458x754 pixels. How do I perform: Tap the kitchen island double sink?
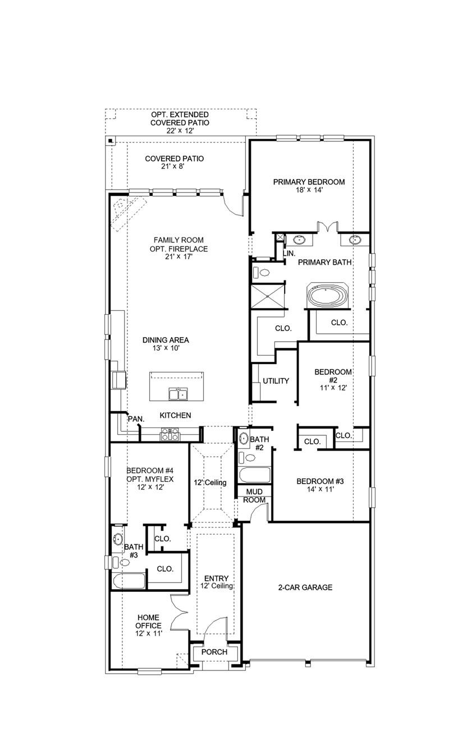point(178,395)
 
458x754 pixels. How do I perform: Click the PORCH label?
point(214,652)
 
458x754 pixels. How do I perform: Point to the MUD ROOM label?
point(254,495)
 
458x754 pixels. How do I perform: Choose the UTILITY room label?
point(276,381)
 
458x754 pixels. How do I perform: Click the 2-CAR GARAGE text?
point(305,587)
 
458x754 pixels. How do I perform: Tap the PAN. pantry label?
point(135,419)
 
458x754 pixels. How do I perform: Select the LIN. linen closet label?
point(289,254)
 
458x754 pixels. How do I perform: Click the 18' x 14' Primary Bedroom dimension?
point(309,190)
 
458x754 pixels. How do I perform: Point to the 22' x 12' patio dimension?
point(180,130)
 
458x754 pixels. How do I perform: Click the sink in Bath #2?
point(245,439)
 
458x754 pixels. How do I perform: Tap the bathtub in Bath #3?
point(129,581)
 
